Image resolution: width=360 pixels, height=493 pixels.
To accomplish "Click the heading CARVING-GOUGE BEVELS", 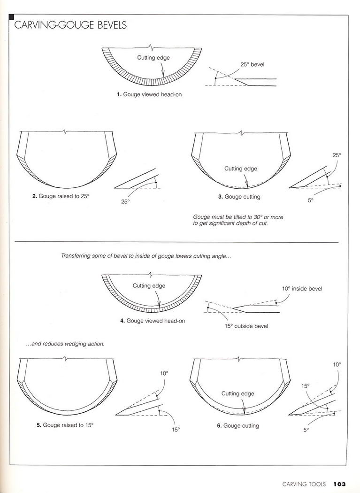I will point(70,25).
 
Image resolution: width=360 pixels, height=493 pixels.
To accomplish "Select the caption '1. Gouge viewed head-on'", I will point(149,94).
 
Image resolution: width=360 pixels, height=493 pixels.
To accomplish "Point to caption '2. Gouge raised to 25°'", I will point(61,196).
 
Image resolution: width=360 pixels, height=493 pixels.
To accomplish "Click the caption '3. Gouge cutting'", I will point(239,197).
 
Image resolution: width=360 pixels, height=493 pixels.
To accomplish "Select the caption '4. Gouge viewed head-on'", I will point(153,321).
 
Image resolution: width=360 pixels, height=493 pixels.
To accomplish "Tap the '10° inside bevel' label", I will point(302,289).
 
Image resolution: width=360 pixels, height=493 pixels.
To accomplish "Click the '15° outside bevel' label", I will point(246,326).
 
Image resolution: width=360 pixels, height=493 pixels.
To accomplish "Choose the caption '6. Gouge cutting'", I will point(238,426).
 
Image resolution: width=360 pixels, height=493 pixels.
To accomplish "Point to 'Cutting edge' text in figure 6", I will point(237,393).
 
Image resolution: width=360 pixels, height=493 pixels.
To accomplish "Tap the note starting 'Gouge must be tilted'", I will point(238,220).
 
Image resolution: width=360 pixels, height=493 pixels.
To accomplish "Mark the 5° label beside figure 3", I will point(310,200).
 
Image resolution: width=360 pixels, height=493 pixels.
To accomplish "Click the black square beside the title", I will point(12,18).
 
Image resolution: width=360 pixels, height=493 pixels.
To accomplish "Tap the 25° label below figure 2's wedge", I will point(125,201).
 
